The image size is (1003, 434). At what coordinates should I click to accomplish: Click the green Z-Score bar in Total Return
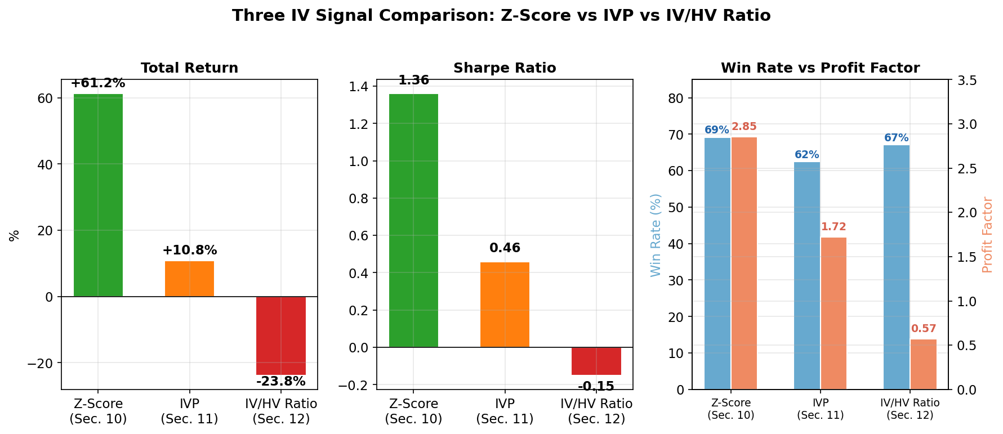(98, 195)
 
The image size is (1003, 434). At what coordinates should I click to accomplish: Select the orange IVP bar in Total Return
(189, 279)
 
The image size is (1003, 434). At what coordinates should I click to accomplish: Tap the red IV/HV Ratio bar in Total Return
(280, 335)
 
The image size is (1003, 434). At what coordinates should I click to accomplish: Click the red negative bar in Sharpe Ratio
(596, 361)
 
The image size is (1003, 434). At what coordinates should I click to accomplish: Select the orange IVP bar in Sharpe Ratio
(505, 305)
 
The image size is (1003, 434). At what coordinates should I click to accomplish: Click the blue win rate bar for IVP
(806, 276)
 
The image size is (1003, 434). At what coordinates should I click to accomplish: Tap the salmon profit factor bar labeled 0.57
(923, 364)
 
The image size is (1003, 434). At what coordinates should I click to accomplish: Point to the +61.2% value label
(98, 83)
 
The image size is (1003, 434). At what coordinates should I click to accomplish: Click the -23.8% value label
(280, 382)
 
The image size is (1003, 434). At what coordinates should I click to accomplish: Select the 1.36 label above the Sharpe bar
(413, 80)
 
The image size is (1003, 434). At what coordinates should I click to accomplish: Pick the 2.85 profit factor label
(744, 127)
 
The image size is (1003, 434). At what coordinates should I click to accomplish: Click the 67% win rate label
(896, 138)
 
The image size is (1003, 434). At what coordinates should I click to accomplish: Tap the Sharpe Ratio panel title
(505, 68)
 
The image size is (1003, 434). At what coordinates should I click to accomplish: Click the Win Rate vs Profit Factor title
(820, 68)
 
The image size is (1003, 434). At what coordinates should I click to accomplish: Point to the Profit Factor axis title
(987, 235)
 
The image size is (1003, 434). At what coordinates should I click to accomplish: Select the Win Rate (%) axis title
(656, 235)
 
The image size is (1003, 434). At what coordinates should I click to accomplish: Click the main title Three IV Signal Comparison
(501, 16)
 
